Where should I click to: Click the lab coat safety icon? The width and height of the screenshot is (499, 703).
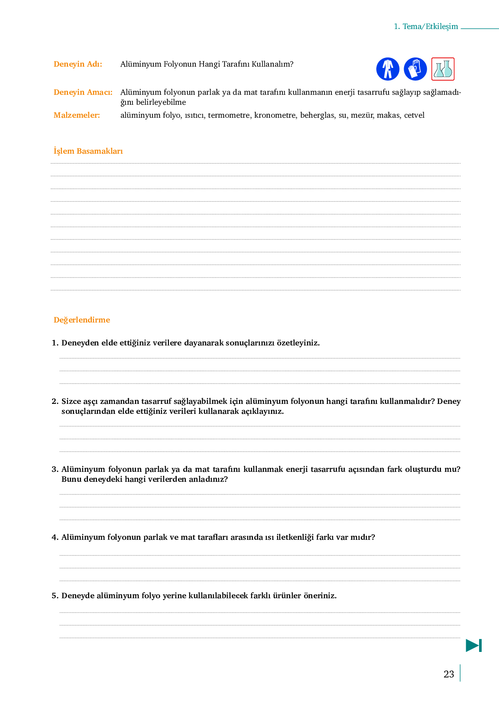tap(388, 69)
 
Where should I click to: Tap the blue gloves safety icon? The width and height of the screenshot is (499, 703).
tap(415, 69)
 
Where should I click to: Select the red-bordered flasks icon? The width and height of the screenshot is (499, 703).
tap(443, 69)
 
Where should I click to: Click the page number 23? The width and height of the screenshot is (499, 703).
tap(449, 674)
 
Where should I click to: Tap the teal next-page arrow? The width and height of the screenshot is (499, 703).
tap(473, 645)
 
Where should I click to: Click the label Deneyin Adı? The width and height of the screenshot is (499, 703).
tap(78, 64)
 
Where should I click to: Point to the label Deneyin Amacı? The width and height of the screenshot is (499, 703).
tap(83, 92)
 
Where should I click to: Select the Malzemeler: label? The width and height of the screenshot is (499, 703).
tap(77, 115)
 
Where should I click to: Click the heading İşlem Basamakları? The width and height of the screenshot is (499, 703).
tap(88, 151)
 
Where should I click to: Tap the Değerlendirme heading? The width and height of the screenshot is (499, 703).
tap(82, 320)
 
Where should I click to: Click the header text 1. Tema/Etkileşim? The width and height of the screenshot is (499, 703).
tap(426, 26)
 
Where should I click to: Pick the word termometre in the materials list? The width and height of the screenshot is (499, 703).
tap(229, 115)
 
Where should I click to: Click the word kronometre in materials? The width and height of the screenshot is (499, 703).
tap(275, 115)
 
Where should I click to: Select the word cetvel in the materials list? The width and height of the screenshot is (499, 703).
tap(414, 115)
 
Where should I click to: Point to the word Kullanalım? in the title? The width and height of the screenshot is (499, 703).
tap(273, 64)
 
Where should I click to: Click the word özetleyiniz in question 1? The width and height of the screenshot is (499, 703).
tap(298, 343)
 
